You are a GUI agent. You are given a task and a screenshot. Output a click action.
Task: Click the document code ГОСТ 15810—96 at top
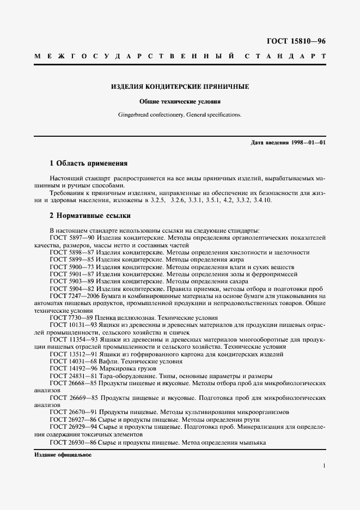296,41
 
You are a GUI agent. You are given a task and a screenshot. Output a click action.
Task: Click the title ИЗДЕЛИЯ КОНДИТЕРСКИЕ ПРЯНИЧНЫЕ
180,87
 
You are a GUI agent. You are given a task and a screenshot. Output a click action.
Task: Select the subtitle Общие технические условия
180,101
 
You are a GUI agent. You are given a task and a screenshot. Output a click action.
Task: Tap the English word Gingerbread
135,115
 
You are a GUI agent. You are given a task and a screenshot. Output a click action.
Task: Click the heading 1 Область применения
88,163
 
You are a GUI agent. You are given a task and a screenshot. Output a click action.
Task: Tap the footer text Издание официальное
63,454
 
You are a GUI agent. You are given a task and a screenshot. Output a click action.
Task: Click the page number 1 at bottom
324,466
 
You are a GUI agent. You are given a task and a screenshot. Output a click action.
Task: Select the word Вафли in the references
112,361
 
